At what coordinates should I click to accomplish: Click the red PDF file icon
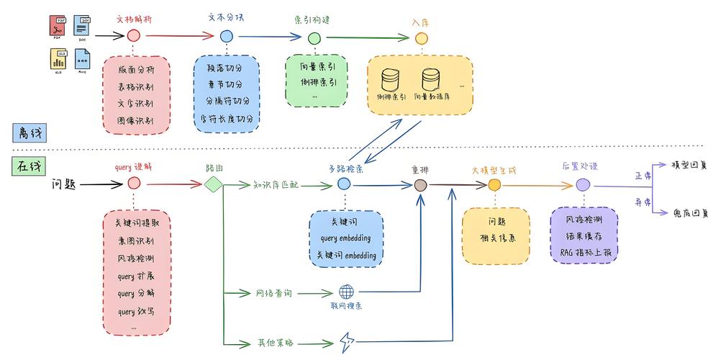pyautogui.click(x=58, y=26)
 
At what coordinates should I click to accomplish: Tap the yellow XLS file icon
pyautogui.click(x=58, y=58)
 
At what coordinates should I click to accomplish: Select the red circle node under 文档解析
pyautogui.click(x=134, y=35)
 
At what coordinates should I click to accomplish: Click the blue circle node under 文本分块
pyautogui.click(x=227, y=36)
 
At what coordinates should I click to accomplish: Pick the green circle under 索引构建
pyautogui.click(x=314, y=37)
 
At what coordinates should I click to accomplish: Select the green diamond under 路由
pyautogui.click(x=214, y=185)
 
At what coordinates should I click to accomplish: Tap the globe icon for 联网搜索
pyautogui.click(x=347, y=292)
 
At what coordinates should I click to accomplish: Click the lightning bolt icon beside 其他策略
pyautogui.click(x=347, y=341)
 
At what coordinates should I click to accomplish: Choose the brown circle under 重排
pyautogui.click(x=421, y=185)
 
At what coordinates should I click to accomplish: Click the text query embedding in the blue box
pyautogui.click(x=346, y=238)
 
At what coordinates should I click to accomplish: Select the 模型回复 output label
pyautogui.click(x=689, y=165)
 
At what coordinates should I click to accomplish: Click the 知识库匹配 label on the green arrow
pyautogui.click(x=276, y=185)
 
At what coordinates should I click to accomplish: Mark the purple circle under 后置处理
pyautogui.click(x=584, y=185)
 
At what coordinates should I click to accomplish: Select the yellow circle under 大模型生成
pyautogui.click(x=494, y=185)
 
